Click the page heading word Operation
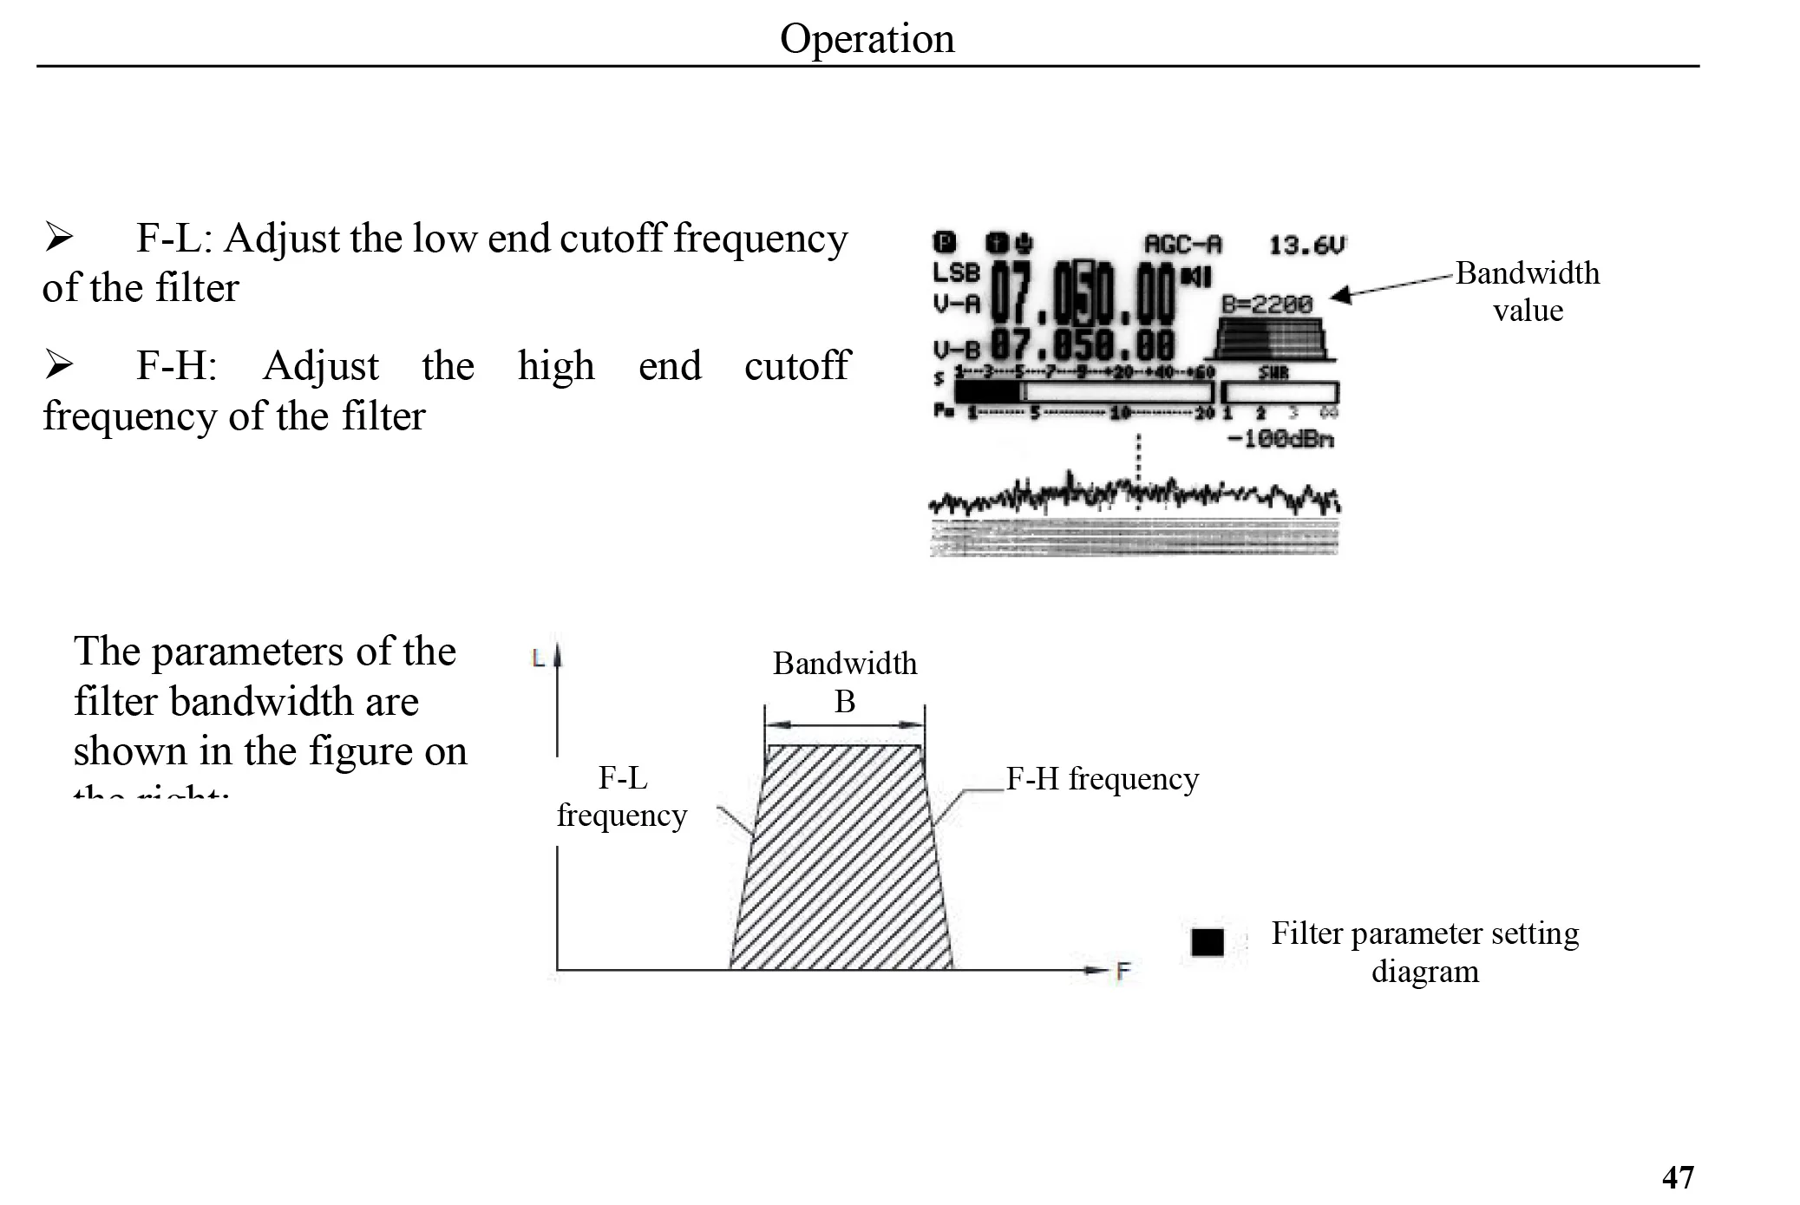867,39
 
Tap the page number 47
1678,1177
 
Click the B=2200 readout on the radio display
1267,304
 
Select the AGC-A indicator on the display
1182,245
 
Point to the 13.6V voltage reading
1306,246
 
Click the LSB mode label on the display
956,272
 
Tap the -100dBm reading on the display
1280,439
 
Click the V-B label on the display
956,350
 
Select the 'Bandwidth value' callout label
1528,291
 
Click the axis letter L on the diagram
538,658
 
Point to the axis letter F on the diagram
1123,972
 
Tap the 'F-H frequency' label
1102,779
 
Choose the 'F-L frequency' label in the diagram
622,796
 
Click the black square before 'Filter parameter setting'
1207,942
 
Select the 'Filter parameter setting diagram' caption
1425,952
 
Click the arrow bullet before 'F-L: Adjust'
59,237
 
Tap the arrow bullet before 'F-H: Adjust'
59,365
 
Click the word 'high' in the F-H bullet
556,366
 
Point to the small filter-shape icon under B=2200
1272,339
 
